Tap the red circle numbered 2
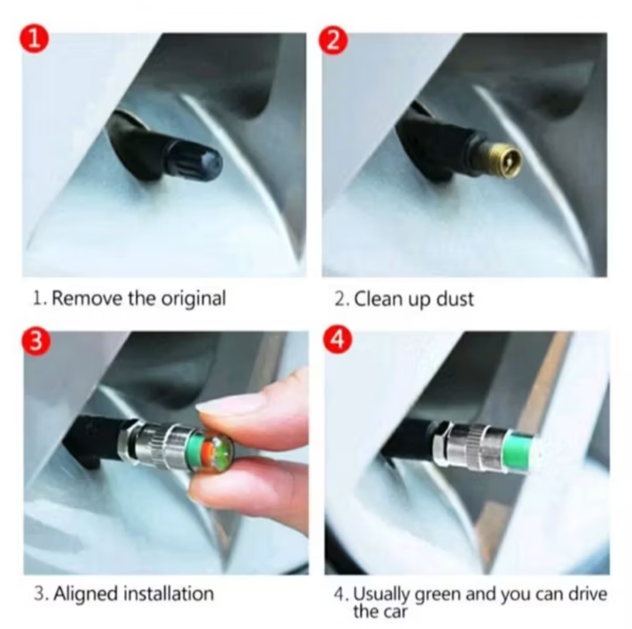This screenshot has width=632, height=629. (x=333, y=40)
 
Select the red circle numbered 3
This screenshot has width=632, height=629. (x=36, y=341)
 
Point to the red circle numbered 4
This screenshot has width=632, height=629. (x=338, y=339)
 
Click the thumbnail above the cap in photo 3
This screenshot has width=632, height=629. (x=226, y=404)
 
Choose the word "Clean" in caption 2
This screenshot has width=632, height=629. (x=378, y=299)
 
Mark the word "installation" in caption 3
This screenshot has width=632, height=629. (x=169, y=594)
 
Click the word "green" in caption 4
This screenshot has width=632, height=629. (x=437, y=595)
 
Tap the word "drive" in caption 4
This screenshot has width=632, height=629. (x=588, y=594)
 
